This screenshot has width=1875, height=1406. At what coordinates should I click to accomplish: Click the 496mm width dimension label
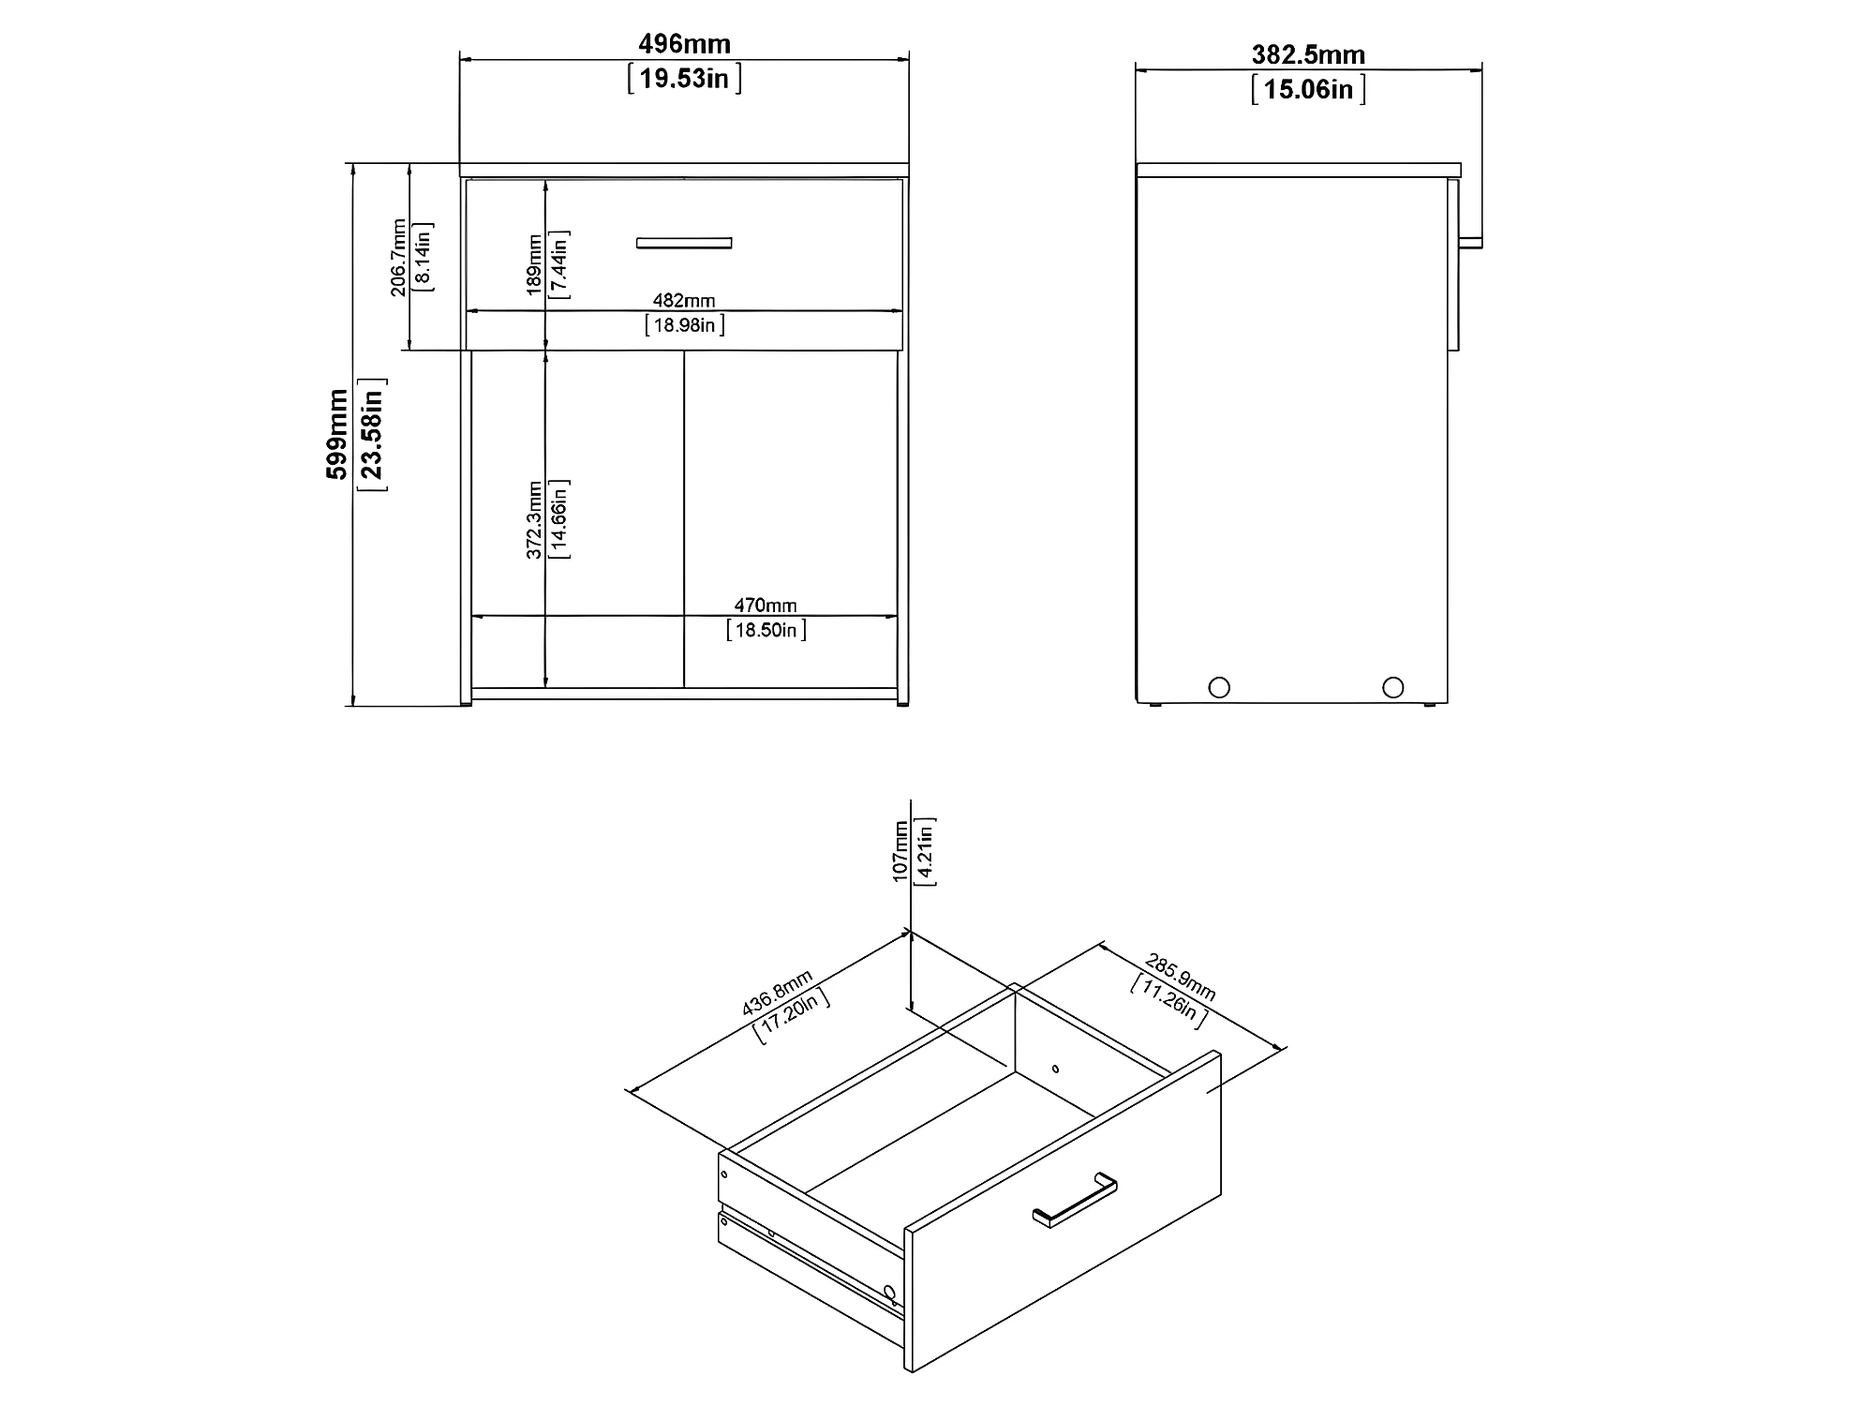(684, 44)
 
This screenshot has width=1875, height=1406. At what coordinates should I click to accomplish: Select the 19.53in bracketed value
(684, 78)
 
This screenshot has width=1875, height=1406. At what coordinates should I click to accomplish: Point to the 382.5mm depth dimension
(1308, 55)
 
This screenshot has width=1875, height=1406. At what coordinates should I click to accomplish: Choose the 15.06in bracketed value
(1308, 89)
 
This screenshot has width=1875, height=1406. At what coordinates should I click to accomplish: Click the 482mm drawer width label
(684, 301)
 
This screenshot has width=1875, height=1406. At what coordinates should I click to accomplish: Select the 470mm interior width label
(766, 606)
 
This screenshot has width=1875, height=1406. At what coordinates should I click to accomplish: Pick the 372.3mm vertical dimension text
(534, 520)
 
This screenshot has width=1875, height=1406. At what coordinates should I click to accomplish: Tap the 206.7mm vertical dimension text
(399, 258)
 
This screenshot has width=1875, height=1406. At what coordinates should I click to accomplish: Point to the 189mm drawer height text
(534, 265)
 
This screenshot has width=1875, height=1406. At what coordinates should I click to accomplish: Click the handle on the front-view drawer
(684, 243)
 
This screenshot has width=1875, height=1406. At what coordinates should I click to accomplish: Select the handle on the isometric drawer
(1075, 1200)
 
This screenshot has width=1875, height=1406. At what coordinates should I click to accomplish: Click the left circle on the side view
(1219, 687)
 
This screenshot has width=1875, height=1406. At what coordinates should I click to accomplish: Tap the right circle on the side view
(1393, 687)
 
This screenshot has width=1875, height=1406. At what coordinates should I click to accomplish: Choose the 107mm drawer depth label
(900, 851)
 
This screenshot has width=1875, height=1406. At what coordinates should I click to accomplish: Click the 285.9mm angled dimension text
(1180, 979)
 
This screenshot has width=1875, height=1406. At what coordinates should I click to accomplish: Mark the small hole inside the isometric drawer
(1055, 1068)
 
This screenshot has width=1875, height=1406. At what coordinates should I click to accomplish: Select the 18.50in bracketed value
(766, 629)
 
